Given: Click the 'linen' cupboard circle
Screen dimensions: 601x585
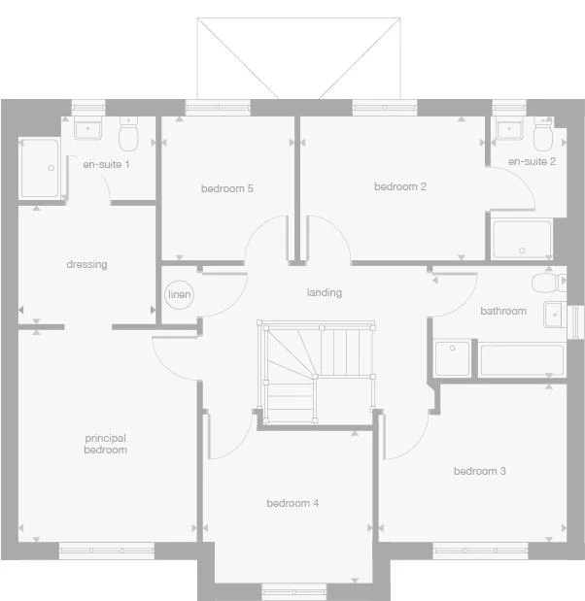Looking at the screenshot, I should point(179,294).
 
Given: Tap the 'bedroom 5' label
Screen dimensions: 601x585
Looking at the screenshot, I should point(226,188).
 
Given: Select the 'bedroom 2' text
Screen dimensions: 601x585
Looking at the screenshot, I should point(400,186).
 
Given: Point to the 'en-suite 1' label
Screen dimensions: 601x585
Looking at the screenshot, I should point(106,164).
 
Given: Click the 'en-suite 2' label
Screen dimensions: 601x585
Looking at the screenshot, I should point(532,161).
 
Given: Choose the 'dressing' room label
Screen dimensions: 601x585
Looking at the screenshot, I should point(86,264).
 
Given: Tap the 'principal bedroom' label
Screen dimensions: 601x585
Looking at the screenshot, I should point(105,444).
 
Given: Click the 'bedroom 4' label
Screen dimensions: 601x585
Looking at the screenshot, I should point(292,503).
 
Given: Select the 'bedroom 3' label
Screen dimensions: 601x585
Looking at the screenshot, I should point(479,471).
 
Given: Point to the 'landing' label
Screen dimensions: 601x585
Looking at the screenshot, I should point(324,292).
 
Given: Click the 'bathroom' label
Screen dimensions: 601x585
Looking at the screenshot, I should point(503,311).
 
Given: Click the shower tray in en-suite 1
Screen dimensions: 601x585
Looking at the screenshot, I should point(39,169).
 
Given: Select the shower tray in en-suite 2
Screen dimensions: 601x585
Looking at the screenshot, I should point(522,239).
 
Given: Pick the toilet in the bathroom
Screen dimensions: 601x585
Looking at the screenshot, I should point(547,282).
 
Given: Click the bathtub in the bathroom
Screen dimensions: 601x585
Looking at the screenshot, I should point(521,359).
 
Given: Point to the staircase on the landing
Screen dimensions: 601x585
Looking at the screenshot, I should point(316,372).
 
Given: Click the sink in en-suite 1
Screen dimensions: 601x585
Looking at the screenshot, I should point(88,129).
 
